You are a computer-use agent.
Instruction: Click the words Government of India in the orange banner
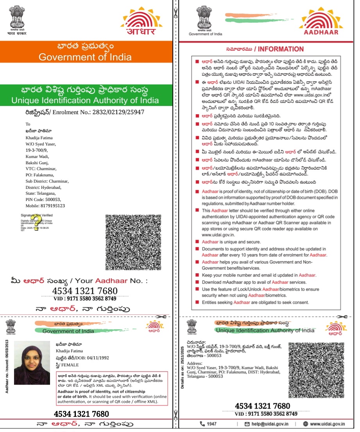[85, 57]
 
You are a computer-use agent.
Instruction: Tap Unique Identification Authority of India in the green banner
[85, 100]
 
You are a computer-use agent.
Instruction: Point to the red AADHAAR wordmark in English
[321, 32]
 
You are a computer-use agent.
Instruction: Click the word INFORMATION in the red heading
[281, 49]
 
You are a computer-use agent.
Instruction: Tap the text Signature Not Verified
[37, 215]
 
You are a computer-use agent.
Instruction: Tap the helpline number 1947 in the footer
[211, 424]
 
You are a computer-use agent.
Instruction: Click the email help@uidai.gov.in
[269, 424]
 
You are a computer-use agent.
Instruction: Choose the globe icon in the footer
[306, 424]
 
